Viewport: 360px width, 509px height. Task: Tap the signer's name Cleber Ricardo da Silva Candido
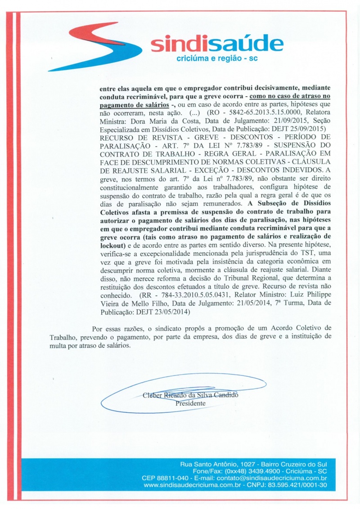(x=190, y=396)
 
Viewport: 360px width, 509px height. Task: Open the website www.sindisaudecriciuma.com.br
(x=193, y=486)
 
